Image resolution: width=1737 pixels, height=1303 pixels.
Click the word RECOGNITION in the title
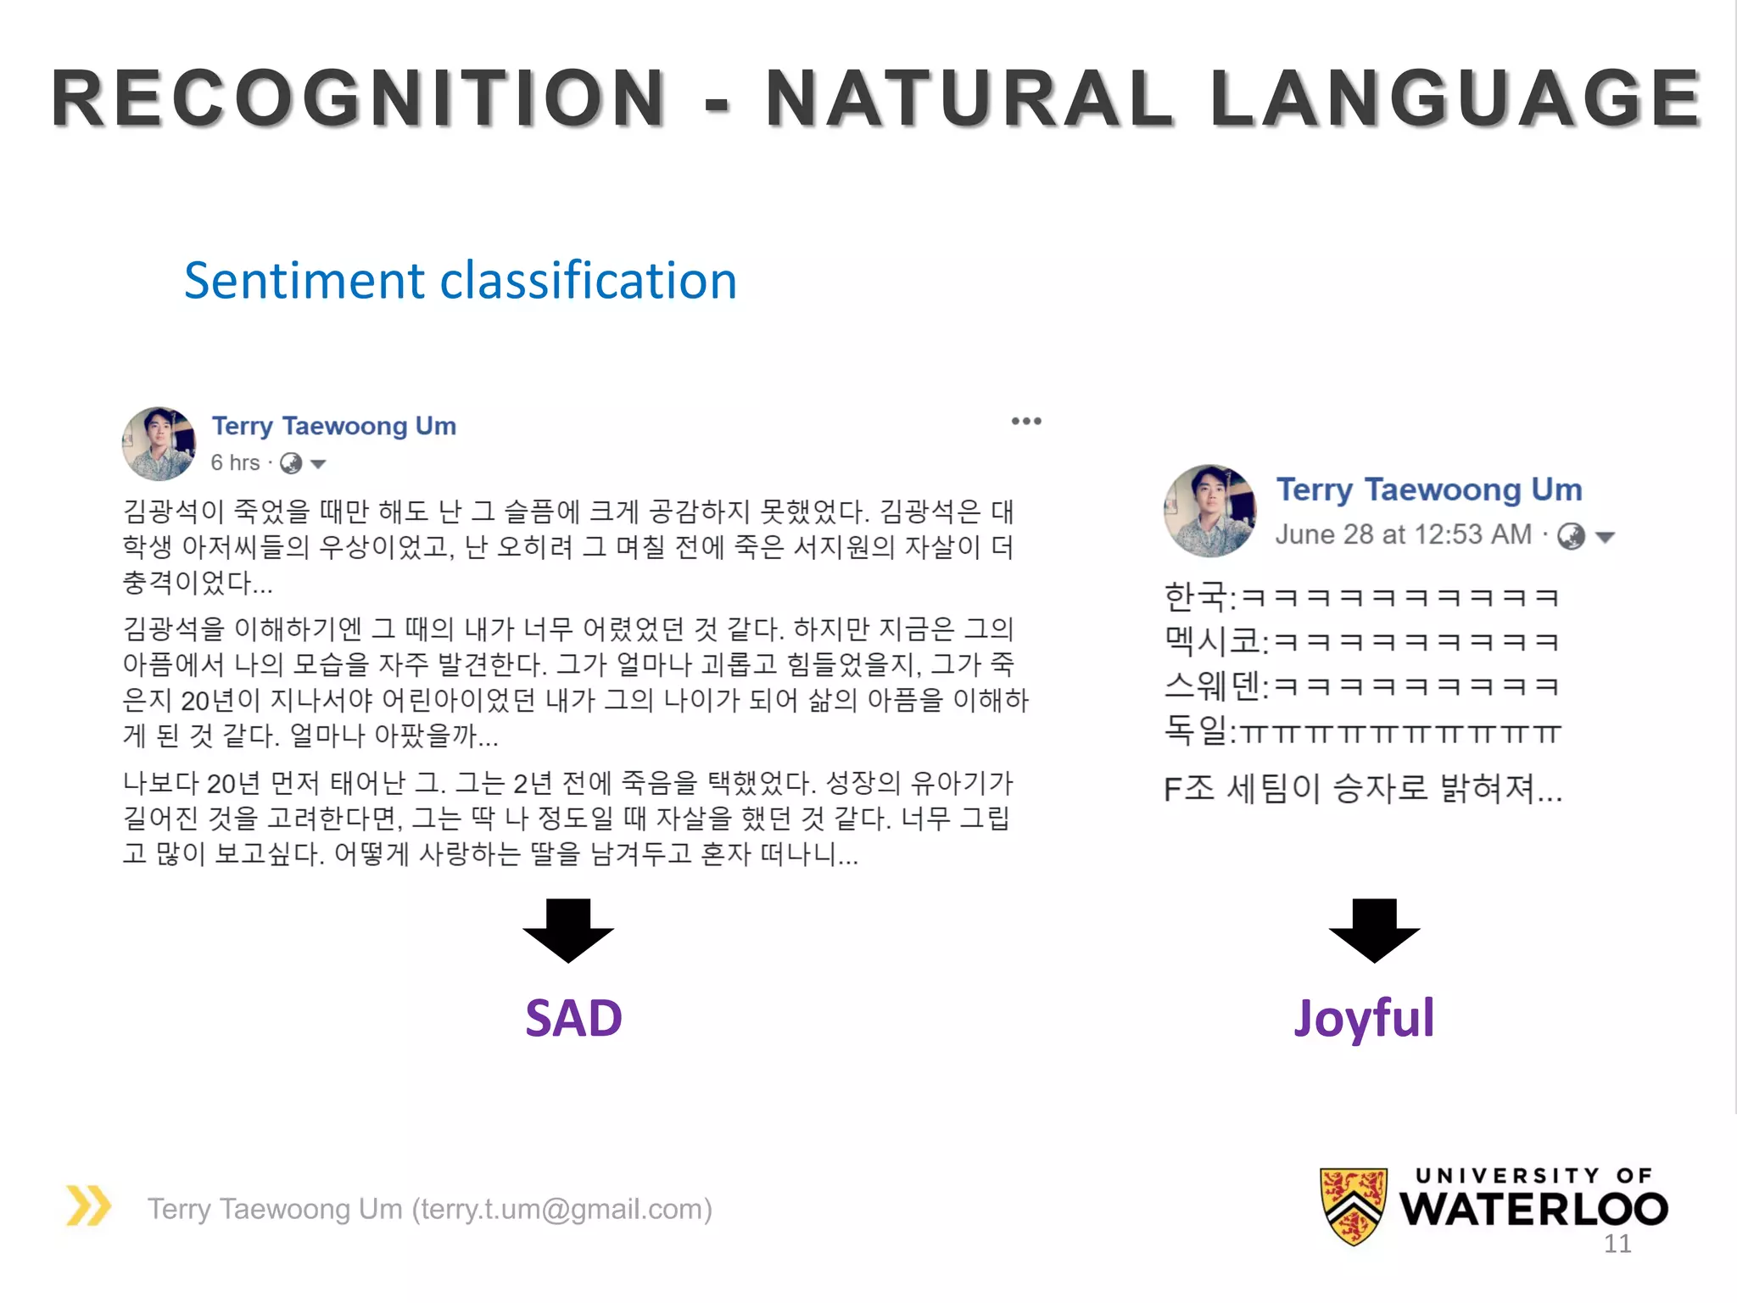tap(359, 98)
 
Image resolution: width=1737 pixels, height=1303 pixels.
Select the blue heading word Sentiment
tap(304, 281)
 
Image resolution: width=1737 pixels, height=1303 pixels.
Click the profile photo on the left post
tap(159, 444)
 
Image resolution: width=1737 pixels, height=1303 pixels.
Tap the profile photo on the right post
tap(1209, 511)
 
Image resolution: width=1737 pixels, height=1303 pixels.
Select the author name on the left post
tap(333, 426)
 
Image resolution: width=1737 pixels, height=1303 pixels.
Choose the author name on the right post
tap(1429, 489)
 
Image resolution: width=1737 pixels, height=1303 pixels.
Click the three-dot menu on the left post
tap(1026, 422)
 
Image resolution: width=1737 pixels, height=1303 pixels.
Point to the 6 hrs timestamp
tap(235, 463)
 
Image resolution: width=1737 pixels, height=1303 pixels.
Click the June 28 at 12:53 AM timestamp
tap(1404, 534)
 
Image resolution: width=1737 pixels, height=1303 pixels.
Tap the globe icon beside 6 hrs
tap(291, 463)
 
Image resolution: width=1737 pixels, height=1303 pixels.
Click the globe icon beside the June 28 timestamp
tap(1571, 536)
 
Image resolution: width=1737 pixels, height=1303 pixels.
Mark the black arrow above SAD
tap(568, 930)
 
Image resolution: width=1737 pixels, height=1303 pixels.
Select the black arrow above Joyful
tap(1374, 930)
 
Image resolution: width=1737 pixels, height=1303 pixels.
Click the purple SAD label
tap(573, 1018)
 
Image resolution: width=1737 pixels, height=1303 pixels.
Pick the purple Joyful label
tap(1364, 1018)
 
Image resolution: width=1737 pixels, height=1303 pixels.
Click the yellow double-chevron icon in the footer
tap(89, 1206)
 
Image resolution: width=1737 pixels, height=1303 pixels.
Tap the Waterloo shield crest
tap(1354, 1205)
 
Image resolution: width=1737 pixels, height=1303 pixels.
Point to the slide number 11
tap(1617, 1244)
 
